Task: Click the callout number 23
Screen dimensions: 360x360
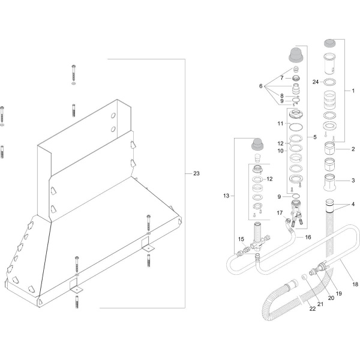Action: coord(196,174)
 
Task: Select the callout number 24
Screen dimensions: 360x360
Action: coord(316,81)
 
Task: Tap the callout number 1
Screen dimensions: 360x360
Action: coord(353,91)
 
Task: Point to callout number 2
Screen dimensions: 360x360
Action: coord(353,148)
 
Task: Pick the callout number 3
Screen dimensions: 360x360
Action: coord(353,179)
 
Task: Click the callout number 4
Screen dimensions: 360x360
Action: coord(353,205)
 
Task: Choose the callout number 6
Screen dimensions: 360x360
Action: coord(261,86)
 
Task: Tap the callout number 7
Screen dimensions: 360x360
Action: coord(281,78)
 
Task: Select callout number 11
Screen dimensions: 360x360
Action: coord(280,124)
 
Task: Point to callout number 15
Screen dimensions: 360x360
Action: coord(241,239)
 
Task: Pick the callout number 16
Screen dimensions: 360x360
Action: coord(308,238)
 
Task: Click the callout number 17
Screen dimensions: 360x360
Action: coord(279,212)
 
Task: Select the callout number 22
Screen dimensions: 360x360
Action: coord(312,308)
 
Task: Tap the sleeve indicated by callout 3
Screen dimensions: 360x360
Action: coord(330,179)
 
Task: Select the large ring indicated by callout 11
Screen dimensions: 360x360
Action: coord(296,127)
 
